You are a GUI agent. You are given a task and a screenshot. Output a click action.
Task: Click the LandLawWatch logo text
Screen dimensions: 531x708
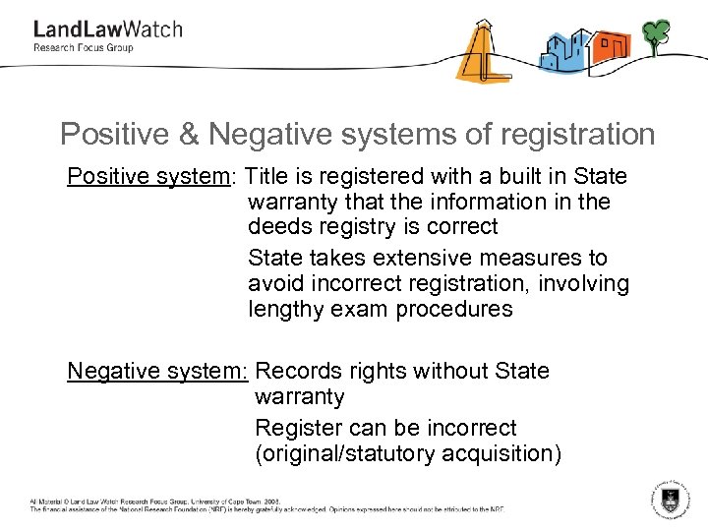point(108,29)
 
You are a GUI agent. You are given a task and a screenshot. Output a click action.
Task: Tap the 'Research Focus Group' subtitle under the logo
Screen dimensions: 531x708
point(84,47)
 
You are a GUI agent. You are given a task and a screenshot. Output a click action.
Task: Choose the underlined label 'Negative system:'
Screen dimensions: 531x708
point(157,372)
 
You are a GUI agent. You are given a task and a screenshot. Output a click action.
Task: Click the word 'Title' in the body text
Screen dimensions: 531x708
point(266,177)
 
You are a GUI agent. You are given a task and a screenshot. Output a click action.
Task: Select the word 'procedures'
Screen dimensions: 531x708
point(455,310)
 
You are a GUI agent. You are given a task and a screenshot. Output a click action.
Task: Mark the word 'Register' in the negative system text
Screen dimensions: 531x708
point(293,429)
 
